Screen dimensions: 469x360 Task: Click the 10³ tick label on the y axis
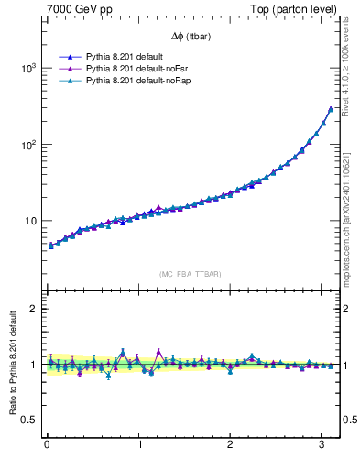tap(29, 69)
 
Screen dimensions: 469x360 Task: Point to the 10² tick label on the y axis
tap(29, 145)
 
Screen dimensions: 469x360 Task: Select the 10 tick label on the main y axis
tap(31, 221)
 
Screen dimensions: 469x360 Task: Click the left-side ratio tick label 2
tap(35, 309)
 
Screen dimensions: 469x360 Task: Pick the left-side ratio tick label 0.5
tap(31, 420)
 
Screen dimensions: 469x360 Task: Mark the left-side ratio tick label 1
tap(35, 365)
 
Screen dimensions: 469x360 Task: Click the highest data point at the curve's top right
tap(331, 109)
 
